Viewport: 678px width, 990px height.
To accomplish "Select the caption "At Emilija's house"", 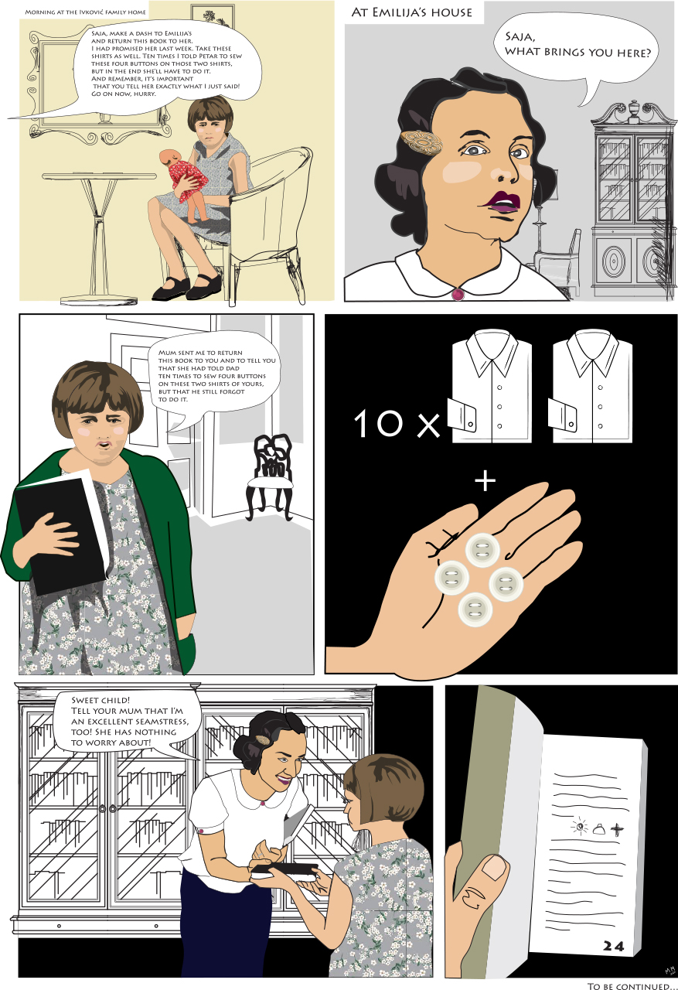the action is pos(411,12).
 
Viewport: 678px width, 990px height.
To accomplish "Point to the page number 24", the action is pos(614,946).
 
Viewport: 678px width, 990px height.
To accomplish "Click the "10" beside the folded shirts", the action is pos(379,423).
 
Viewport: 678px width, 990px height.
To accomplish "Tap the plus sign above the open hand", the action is pos(486,481).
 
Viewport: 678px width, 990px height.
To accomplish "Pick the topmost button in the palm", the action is pos(482,550).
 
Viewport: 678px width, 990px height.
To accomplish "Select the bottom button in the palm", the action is pos(475,609).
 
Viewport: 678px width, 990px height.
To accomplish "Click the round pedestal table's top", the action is pos(99,176).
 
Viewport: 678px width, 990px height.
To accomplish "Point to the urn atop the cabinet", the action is pos(634,109).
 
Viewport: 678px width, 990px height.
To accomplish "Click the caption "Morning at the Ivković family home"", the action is pos(85,12).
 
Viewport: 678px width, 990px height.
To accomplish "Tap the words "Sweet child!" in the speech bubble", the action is pos(101,700).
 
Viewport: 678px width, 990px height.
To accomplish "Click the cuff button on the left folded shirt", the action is pos(470,425).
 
